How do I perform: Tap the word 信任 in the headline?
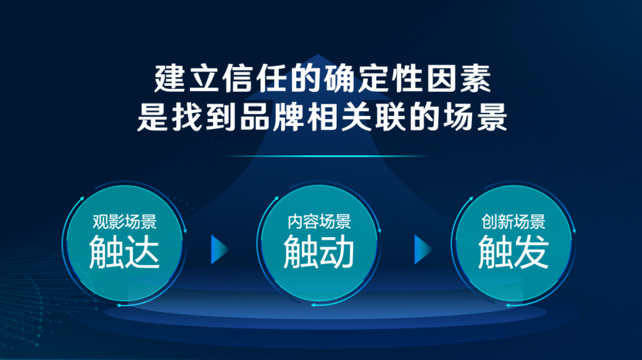pos(254,78)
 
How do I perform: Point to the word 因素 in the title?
pos(459,78)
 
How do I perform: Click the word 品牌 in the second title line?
pos(271,117)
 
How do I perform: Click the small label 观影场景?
pos(124,222)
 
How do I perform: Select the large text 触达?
pos(124,252)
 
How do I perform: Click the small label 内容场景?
pos(319,222)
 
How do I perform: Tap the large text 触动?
pos(319,252)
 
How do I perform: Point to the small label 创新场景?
pos(514,222)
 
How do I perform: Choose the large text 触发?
pos(514,252)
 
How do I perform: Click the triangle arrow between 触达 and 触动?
pos(219,250)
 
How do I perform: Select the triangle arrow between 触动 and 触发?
pos(422,250)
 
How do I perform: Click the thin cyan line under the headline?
pos(324,156)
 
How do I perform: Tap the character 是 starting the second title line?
pos(152,117)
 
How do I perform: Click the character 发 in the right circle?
pos(532,252)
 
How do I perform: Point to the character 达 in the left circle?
pos(142,252)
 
